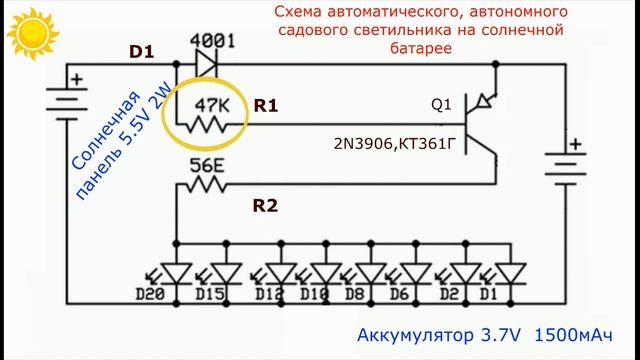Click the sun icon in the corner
pyautogui.click(x=24, y=32)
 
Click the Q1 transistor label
pyautogui.click(x=440, y=104)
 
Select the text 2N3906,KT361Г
pyautogui.click(x=394, y=146)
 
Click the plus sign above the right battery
pyautogui.click(x=573, y=143)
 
